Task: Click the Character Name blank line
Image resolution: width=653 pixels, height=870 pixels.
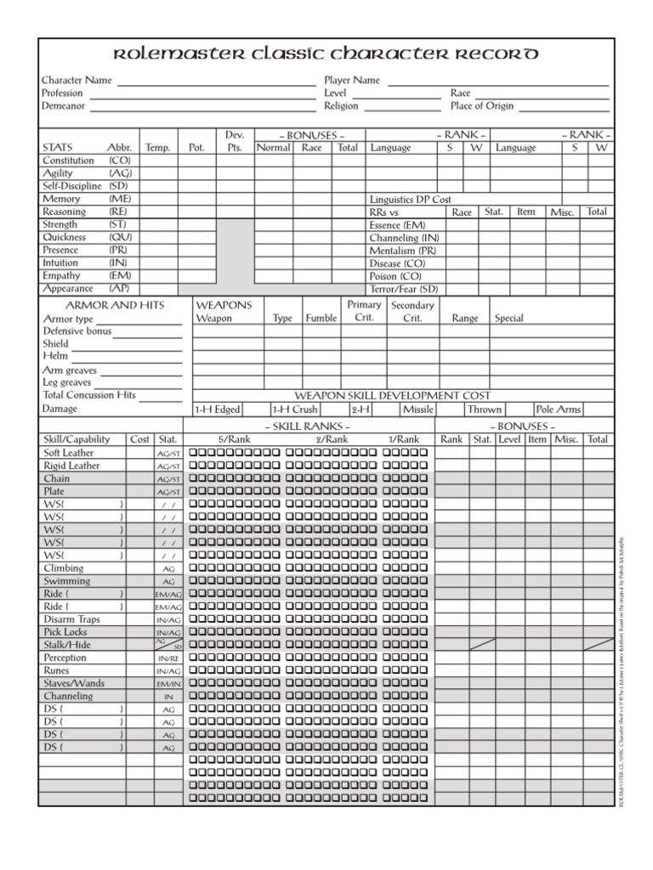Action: point(216,83)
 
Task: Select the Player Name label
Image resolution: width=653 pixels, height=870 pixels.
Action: point(352,80)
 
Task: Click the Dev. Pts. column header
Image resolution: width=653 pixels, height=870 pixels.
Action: point(235,141)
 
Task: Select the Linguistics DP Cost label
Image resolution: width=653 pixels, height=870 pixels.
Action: point(410,200)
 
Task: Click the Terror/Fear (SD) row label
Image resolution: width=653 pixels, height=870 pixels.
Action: point(404,289)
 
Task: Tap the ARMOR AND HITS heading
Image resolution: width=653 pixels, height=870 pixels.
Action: point(116,305)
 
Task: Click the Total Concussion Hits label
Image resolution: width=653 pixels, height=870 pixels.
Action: point(89,395)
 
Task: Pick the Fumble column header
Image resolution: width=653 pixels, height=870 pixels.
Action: point(321,319)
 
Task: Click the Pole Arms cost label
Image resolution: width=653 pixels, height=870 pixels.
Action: point(559,410)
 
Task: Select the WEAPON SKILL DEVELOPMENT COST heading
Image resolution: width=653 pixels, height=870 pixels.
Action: point(392,396)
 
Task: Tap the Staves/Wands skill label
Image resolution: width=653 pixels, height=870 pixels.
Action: point(73,683)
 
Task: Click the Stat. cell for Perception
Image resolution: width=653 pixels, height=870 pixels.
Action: point(168,658)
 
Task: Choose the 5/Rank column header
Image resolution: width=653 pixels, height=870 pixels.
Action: point(234,439)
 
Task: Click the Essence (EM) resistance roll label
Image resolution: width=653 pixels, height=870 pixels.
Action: point(398,225)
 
